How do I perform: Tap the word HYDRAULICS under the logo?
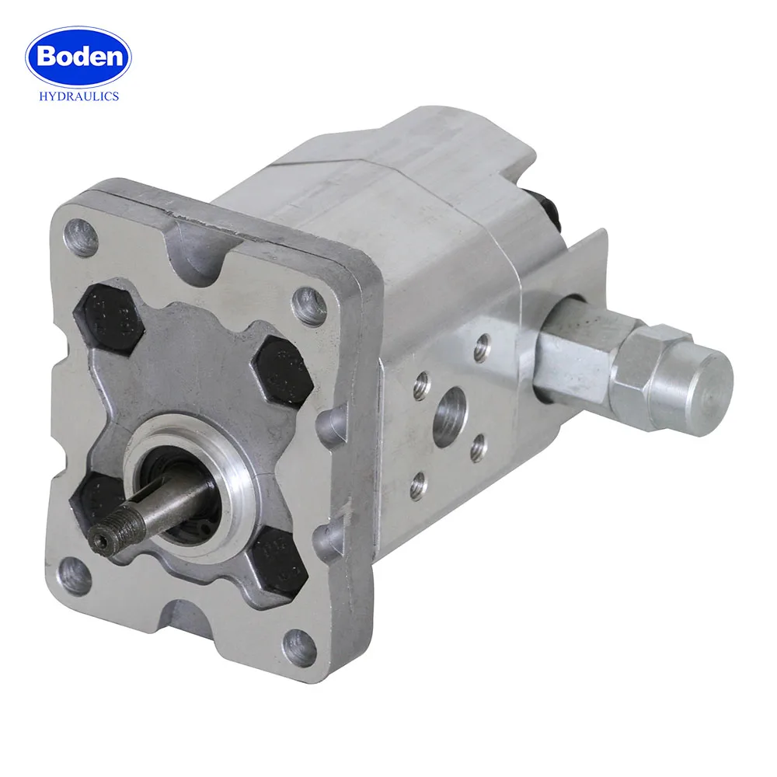pyautogui.click(x=78, y=96)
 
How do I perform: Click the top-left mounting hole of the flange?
pyautogui.click(x=82, y=236)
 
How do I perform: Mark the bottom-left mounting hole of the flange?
pyautogui.click(x=75, y=576)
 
